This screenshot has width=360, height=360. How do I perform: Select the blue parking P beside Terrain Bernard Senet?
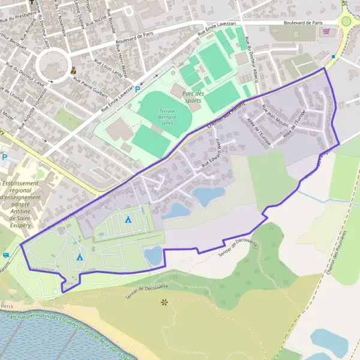(x=137, y=89)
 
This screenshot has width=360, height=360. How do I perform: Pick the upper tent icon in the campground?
(x=128, y=220)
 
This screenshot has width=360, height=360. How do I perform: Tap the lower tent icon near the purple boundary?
(x=80, y=257)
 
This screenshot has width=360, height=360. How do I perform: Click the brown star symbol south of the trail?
(x=164, y=302)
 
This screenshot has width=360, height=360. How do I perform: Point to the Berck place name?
(x=8, y=306)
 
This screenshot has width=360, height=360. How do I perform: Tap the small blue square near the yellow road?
(x=333, y=57)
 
